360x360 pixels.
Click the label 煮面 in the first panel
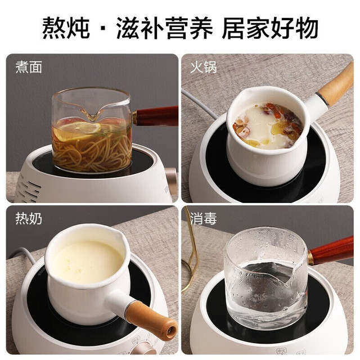29,67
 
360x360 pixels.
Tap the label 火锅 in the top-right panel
204,67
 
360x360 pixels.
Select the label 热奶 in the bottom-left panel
29,218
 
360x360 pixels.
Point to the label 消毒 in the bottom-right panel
204,218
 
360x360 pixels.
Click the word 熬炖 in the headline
66,28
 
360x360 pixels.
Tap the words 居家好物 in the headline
270,28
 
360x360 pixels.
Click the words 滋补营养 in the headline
165,28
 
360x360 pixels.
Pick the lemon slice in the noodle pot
78,131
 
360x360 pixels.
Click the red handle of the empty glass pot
331,251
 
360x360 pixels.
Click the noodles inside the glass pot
92,151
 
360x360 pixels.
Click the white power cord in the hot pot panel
199,103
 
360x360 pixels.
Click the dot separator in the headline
103,28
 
